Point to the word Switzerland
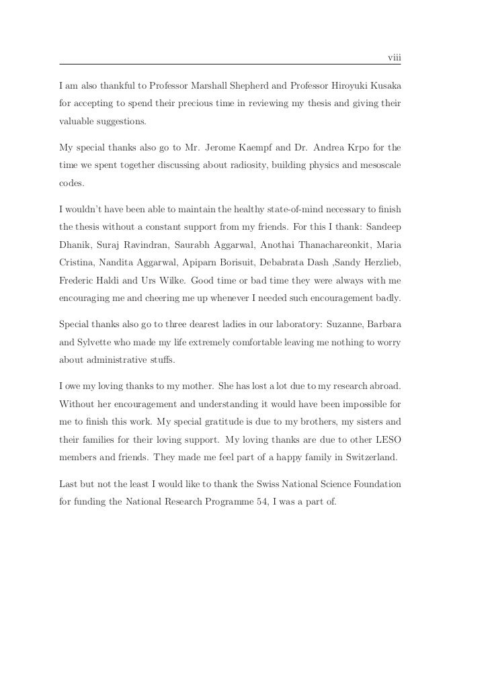coord(369,458)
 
